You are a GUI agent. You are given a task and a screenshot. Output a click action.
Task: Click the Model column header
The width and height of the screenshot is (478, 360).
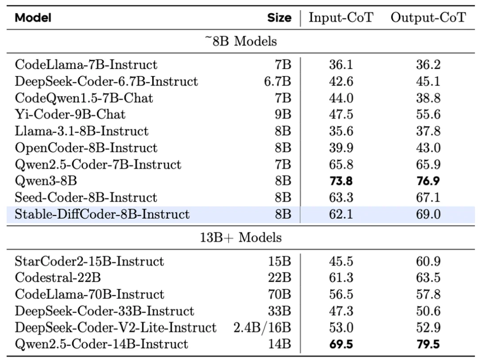(33, 18)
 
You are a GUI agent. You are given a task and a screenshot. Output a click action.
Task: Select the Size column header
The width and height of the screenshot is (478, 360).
(279, 18)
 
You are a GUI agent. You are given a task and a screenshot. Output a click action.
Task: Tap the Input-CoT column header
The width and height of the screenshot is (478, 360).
(341, 18)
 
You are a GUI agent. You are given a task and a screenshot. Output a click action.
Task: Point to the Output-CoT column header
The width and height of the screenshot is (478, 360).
(428, 18)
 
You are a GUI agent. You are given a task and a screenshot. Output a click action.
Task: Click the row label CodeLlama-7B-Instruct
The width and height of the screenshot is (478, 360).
(86, 65)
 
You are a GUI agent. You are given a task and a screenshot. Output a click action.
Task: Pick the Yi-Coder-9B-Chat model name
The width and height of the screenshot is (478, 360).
(70, 114)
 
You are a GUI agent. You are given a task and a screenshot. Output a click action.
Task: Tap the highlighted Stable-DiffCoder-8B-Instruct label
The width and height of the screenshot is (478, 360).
(102, 215)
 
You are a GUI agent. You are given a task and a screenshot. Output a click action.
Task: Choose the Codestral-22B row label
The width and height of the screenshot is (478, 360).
(58, 278)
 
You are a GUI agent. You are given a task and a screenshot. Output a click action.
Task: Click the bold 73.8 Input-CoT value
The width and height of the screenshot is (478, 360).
(341, 181)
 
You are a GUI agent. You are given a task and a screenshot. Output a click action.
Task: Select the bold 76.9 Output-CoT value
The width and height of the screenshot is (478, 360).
(428, 181)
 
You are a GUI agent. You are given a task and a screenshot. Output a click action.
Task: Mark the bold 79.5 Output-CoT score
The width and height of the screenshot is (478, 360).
(428, 344)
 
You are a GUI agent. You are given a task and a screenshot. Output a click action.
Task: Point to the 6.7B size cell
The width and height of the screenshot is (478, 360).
(278, 81)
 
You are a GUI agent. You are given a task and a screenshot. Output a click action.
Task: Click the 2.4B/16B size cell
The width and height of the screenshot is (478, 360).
(262, 328)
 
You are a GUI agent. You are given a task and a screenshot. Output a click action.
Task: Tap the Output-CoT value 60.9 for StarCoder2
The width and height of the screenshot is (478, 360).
(428, 261)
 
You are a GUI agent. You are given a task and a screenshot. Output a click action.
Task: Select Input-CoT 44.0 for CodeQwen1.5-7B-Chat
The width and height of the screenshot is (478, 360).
(341, 98)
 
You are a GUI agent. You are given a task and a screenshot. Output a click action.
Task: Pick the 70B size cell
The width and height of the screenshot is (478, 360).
(280, 294)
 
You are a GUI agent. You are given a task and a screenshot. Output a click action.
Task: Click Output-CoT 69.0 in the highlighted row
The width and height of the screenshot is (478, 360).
(428, 215)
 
